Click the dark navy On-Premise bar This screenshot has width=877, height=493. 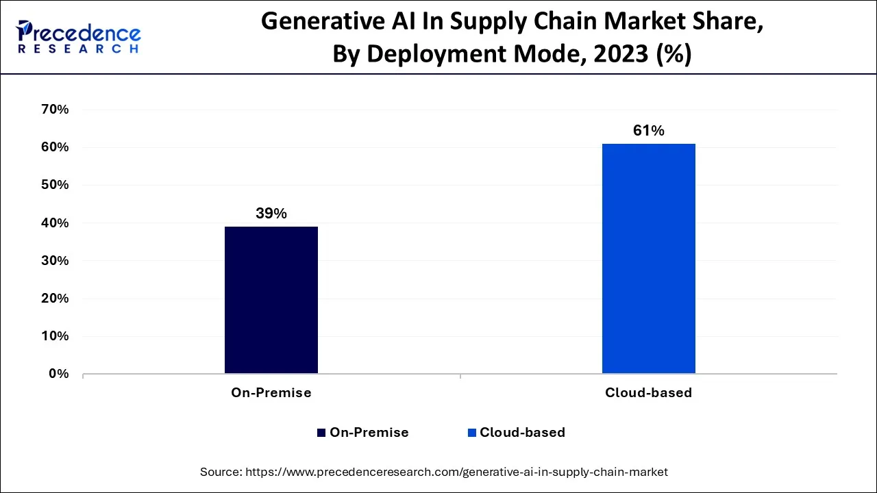tap(271, 300)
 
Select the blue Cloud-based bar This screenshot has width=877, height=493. tap(648, 258)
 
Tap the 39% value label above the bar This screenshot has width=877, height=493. tap(271, 214)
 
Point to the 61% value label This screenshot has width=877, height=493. tap(648, 131)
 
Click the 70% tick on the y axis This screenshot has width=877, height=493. tap(55, 110)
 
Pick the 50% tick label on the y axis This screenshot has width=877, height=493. tap(55, 185)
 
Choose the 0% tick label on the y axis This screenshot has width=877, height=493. tap(58, 374)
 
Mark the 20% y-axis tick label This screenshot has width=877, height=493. tap(55, 299)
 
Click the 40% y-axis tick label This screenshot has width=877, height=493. tap(55, 223)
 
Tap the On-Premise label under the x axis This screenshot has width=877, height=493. tap(271, 393)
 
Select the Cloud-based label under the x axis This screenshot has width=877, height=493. tap(648, 393)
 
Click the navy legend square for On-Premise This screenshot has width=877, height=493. tap(321, 433)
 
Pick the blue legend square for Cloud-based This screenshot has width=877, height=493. tap(471, 433)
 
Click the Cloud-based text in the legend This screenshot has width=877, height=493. tap(522, 433)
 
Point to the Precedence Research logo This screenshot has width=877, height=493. tap(79, 37)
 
